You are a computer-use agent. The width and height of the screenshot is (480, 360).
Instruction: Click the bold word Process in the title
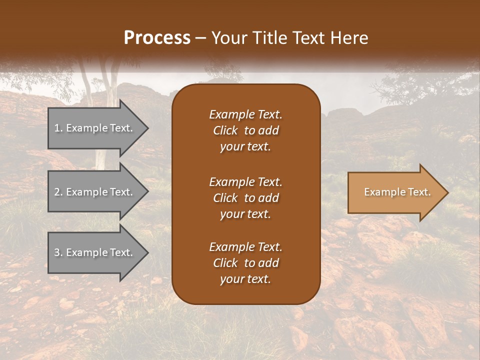(x=157, y=38)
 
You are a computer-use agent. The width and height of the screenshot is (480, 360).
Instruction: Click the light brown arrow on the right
(x=395, y=192)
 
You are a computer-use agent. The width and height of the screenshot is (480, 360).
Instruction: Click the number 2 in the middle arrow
(x=57, y=192)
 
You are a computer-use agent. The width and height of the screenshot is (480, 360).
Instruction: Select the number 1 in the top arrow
(x=57, y=128)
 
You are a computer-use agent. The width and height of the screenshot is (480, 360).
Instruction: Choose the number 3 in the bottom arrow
(x=57, y=252)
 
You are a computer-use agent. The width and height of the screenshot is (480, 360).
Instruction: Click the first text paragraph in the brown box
(x=245, y=130)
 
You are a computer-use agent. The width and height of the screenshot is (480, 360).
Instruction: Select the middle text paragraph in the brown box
(x=245, y=197)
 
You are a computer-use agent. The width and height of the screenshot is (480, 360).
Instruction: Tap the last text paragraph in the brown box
(x=245, y=263)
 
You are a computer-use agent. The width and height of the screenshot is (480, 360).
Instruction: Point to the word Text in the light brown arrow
(x=419, y=192)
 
